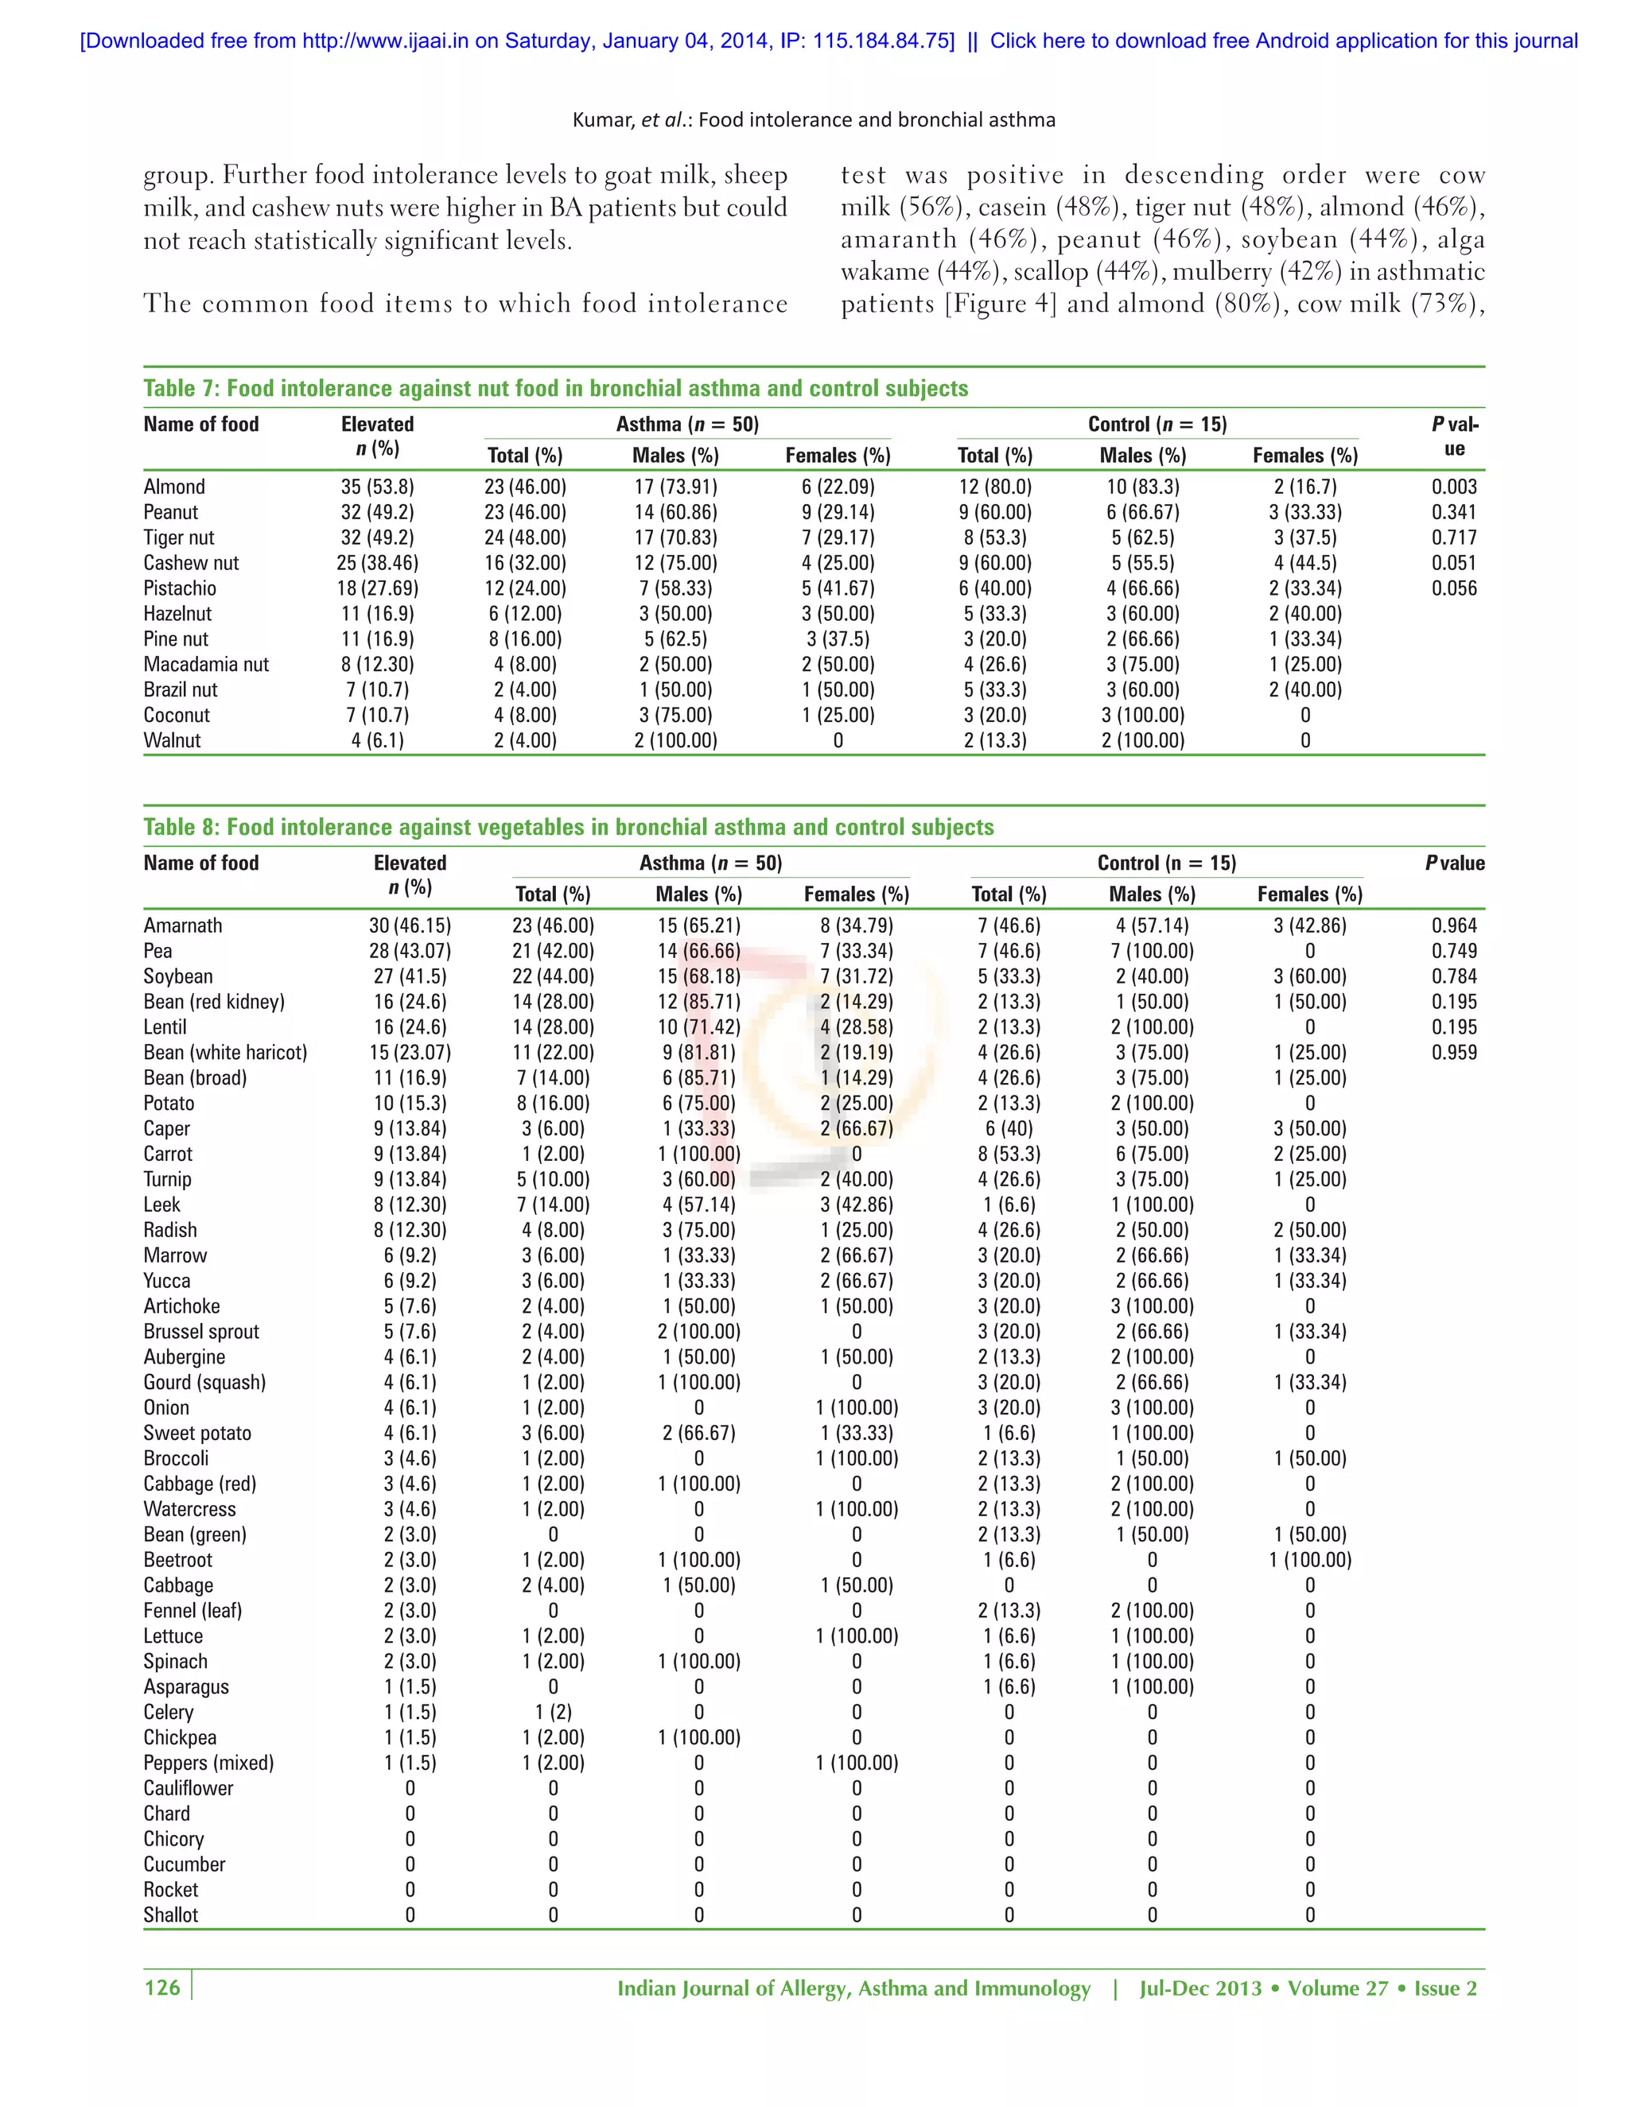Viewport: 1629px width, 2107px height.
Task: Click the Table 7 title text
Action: pos(555,389)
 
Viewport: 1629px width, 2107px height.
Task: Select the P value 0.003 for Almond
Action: pos(1453,487)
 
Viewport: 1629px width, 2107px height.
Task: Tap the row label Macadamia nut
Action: pos(205,665)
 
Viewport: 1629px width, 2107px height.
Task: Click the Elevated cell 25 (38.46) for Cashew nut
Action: pos(377,564)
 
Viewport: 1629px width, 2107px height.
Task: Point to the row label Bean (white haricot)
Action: pos(225,1053)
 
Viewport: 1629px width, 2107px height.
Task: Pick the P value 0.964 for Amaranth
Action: pos(1453,926)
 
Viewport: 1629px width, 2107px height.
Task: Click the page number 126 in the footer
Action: pos(162,1988)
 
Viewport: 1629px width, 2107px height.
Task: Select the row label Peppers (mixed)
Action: pos(208,1764)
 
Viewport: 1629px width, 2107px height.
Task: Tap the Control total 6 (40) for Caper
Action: pos(1009,1129)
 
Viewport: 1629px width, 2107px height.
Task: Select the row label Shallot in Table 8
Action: pos(171,1915)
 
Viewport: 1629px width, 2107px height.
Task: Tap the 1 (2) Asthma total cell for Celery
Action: pos(553,1713)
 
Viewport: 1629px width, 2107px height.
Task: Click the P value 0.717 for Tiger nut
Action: pos(1453,538)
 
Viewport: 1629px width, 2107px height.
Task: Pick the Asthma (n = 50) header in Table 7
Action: pos(687,425)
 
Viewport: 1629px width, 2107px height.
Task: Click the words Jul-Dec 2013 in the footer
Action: pos(1199,1989)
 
